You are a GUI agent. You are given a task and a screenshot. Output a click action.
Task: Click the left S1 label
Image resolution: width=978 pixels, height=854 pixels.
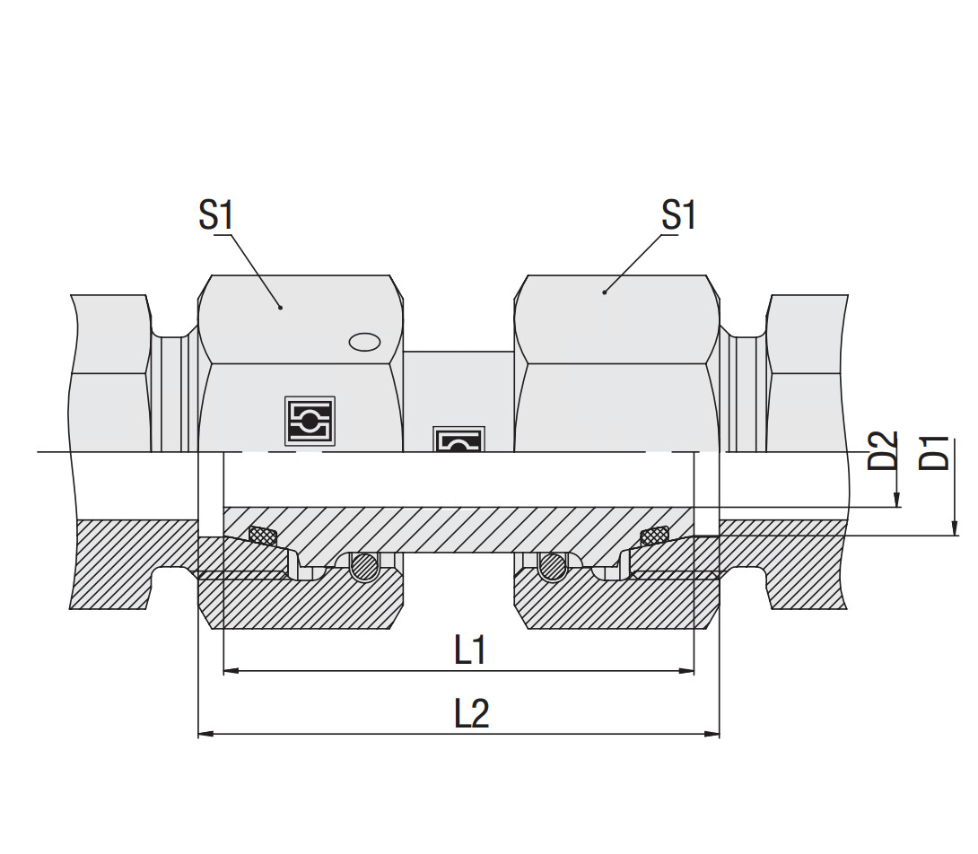tap(215, 215)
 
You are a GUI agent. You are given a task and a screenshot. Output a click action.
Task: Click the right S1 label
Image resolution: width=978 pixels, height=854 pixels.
tap(678, 215)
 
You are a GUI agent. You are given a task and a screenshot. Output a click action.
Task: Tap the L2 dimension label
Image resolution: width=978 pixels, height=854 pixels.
tap(471, 714)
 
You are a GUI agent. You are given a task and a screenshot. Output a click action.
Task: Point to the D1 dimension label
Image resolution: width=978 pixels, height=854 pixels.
tap(936, 452)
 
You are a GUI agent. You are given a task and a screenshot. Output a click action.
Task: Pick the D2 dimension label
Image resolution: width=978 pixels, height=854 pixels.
tap(884, 451)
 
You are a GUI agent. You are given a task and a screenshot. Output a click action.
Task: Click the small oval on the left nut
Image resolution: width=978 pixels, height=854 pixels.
tap(364, 342)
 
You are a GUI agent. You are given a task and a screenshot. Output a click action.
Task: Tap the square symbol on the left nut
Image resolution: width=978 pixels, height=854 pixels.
tap(310, 421)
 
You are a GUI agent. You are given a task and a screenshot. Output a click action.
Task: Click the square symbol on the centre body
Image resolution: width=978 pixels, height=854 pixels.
tap(458, 439)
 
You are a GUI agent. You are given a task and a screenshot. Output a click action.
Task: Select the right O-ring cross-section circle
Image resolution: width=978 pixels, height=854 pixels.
tap(552, 567)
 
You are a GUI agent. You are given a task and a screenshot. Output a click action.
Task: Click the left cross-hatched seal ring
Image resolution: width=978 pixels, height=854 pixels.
tap(262, 536)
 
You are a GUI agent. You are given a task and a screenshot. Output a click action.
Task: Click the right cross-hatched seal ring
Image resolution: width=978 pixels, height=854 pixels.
tap(654, 536)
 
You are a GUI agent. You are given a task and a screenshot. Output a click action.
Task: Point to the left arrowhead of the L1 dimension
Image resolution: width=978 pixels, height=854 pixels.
tap(230, 670)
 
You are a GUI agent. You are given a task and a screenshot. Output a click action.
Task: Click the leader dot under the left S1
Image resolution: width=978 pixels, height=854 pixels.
tap(281, 308)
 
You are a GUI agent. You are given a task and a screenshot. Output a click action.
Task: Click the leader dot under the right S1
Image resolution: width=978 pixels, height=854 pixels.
tap(605, 292)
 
